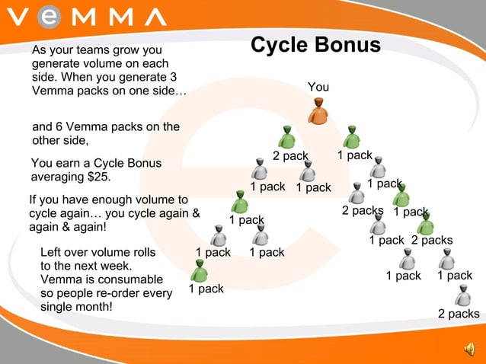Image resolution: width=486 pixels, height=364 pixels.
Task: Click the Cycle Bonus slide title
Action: coord(315,45)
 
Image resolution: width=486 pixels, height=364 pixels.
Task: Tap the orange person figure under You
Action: coord(318,110)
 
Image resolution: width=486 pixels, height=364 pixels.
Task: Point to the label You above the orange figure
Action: coord(318,87)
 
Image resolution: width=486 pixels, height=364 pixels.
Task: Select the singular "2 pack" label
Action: coord(290,156)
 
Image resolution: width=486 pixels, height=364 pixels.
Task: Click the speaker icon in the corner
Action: coord(468,350)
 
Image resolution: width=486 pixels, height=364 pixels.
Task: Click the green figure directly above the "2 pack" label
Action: coord(286,137)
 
